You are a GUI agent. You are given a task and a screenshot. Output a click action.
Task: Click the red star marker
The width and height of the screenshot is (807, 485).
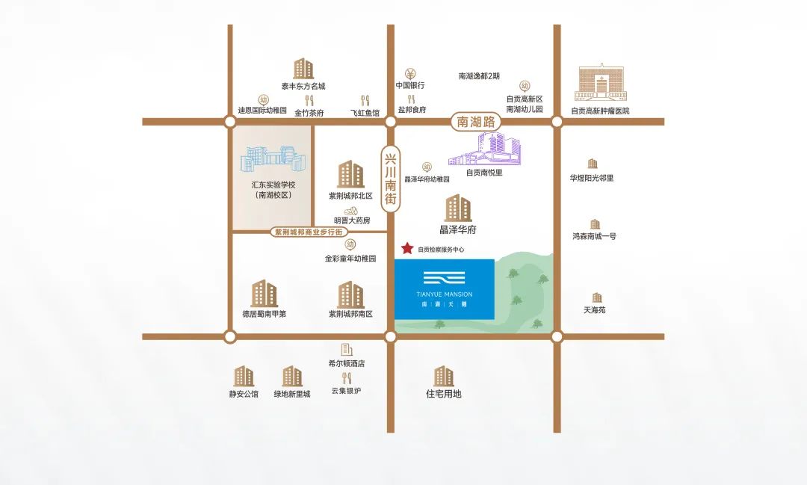tap(407, 248)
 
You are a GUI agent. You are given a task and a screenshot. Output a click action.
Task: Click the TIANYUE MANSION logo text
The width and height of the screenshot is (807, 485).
tap(444, 294)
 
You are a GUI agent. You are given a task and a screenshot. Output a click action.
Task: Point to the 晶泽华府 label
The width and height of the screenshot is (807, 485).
tap(458, 229)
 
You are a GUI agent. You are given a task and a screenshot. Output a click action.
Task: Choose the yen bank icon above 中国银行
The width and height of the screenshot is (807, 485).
tap(410, 73)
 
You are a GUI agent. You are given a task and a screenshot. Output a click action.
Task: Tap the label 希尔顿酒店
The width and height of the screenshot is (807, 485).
tap(346, 363)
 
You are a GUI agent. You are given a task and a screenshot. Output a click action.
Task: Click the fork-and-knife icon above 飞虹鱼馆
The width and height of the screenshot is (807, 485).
tap(365, 100)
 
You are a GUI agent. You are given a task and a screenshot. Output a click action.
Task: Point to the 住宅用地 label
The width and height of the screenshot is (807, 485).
tap(444, 393)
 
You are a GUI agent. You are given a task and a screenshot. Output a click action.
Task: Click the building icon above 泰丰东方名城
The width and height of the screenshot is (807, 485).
tap(303, 69)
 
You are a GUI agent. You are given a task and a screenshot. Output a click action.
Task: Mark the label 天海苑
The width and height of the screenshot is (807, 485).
tap(595, 309)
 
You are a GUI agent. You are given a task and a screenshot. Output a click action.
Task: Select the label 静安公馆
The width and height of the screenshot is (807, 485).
tap(244, 393)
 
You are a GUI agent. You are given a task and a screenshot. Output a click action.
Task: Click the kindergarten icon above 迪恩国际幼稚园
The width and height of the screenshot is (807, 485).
tap(263, 99)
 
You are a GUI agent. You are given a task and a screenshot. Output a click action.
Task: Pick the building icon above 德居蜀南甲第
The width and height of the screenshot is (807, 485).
tap(264, 294)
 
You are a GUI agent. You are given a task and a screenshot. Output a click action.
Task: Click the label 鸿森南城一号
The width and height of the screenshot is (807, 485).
tap(594, 236)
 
